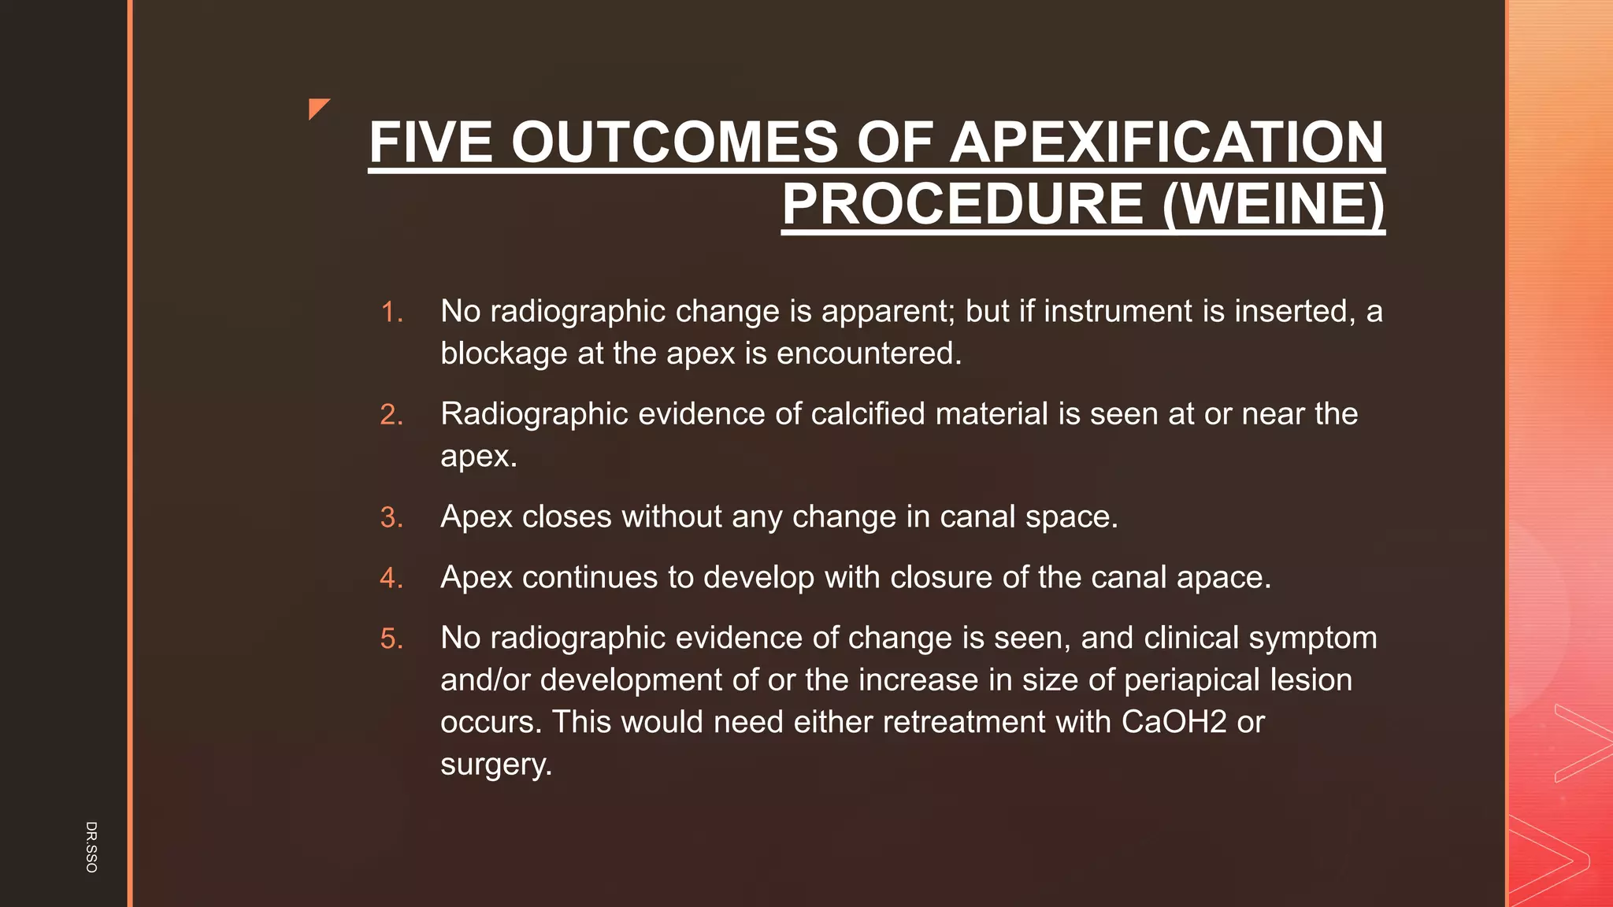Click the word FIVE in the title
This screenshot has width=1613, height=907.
pos(430,143)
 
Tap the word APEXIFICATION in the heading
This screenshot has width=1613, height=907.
pos(1166,143)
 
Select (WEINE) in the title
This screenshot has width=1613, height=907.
pos(1273,204)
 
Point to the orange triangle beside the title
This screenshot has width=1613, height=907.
pos(317,107)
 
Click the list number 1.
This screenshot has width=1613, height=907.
pos(391,313)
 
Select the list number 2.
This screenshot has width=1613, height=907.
pos(391,415)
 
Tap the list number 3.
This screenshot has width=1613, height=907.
pos(391,518)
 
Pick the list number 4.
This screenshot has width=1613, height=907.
pos(391,579)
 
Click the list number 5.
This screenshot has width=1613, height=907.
pos(391,639)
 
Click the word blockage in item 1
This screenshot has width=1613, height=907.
pos(504,354)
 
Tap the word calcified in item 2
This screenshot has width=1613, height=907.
pos(867,414)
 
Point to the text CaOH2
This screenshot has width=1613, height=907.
pos(1174,722)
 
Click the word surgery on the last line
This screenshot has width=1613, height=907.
pos(495,764)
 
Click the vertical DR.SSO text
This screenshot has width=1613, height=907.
pos(91,846)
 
